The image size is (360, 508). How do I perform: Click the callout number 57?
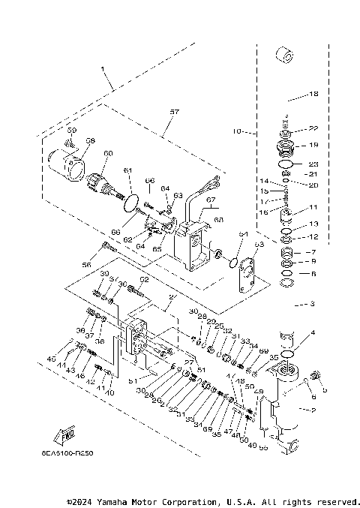click(x=174, y=112)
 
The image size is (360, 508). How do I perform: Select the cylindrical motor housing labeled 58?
click(x=66, y=164)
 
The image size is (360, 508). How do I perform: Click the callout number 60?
click(x=107, y=153)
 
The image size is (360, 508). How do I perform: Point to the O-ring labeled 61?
click(x=131, y=201)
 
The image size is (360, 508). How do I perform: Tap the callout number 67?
click(x=211, y=200)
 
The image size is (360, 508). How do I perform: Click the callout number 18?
click(x=313, y=95)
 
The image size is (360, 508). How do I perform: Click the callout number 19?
click(x=313, y=145)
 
